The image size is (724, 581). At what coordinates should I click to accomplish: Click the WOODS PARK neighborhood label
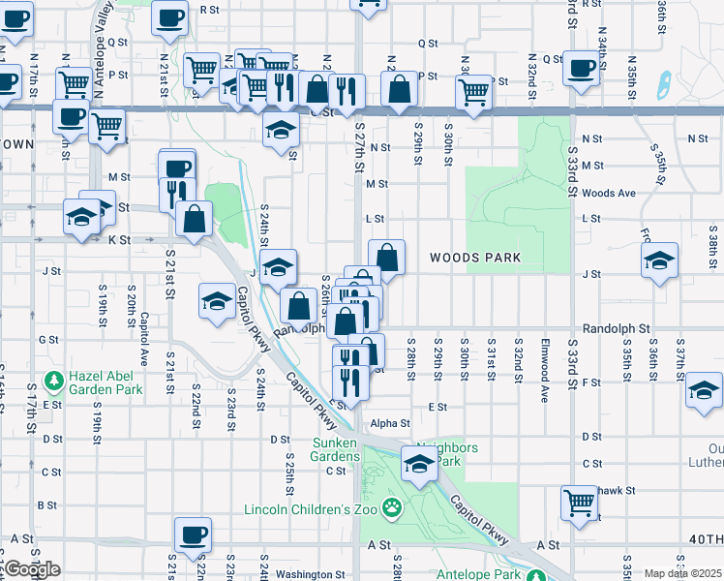point(475,258)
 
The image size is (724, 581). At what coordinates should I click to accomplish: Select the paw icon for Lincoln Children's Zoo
point(392,506)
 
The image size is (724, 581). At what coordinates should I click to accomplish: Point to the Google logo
point(31,569)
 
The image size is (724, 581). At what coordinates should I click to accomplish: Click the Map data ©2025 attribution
point(683,573)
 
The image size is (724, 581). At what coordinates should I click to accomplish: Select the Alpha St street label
point(391,423)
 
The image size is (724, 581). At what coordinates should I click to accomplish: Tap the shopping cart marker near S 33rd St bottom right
point(579,502)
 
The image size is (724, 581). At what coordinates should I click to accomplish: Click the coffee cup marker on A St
point(192,534)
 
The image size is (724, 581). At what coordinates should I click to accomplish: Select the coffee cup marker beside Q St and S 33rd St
point(581,68)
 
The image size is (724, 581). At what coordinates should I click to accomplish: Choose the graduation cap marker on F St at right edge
point(704,389)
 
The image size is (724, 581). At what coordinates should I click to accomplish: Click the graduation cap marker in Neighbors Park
point(418,464)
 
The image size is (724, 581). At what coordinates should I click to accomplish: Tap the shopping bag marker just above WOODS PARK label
point(386,258)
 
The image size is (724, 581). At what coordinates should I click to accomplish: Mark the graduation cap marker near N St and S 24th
point(281,131)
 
